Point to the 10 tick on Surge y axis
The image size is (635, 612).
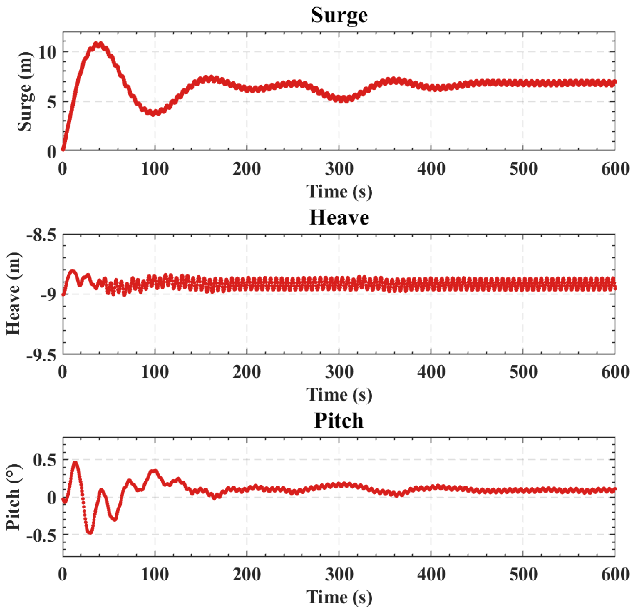point(48,52)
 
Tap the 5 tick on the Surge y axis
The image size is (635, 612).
point(52,102)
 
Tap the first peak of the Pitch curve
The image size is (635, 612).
point(75,462)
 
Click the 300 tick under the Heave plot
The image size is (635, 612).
point(339,372)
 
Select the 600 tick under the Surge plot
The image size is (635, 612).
point(615,169)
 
